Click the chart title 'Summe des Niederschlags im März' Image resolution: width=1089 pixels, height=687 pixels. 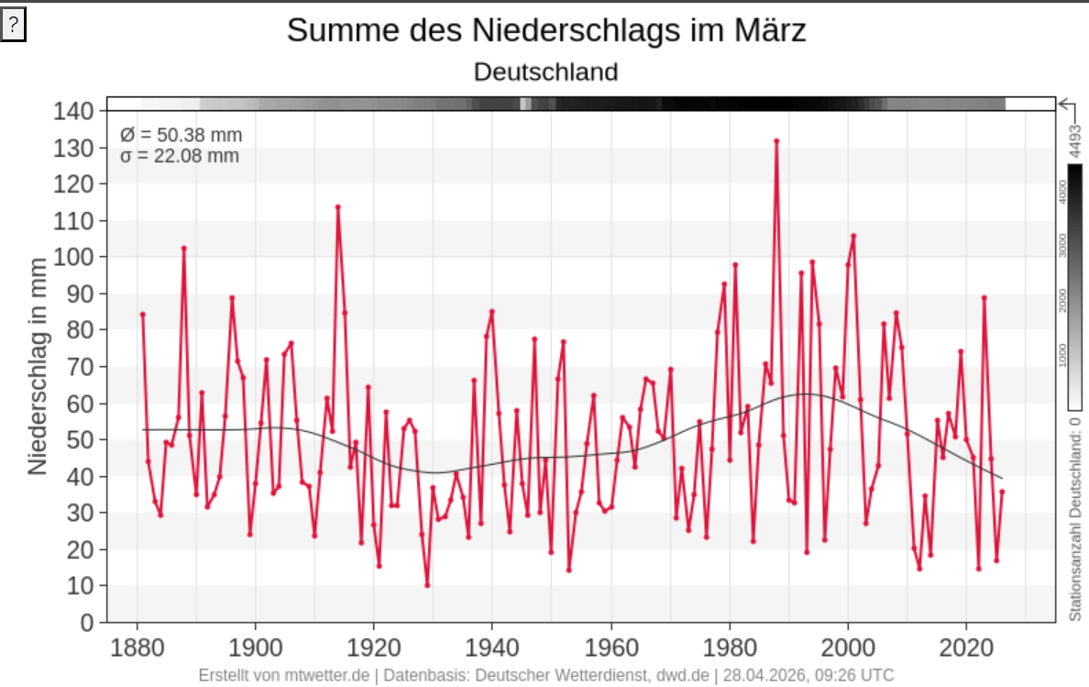(546, 30)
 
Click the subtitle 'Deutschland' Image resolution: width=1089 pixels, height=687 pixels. (546, 72)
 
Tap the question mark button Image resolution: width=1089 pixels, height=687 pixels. (13, 26)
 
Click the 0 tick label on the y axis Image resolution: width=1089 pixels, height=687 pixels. (87, 623)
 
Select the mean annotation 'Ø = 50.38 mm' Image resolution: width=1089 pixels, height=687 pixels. (181, 136)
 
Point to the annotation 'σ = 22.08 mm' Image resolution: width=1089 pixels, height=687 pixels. (180, 156)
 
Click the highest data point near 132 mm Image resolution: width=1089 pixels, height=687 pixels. (776, 141)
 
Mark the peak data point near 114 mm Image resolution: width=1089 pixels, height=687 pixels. (337, 207)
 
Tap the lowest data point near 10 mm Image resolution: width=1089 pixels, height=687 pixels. (427, 585)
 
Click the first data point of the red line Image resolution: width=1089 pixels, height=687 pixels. (142, 315)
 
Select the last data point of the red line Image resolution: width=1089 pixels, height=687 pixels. (1002, 492)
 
